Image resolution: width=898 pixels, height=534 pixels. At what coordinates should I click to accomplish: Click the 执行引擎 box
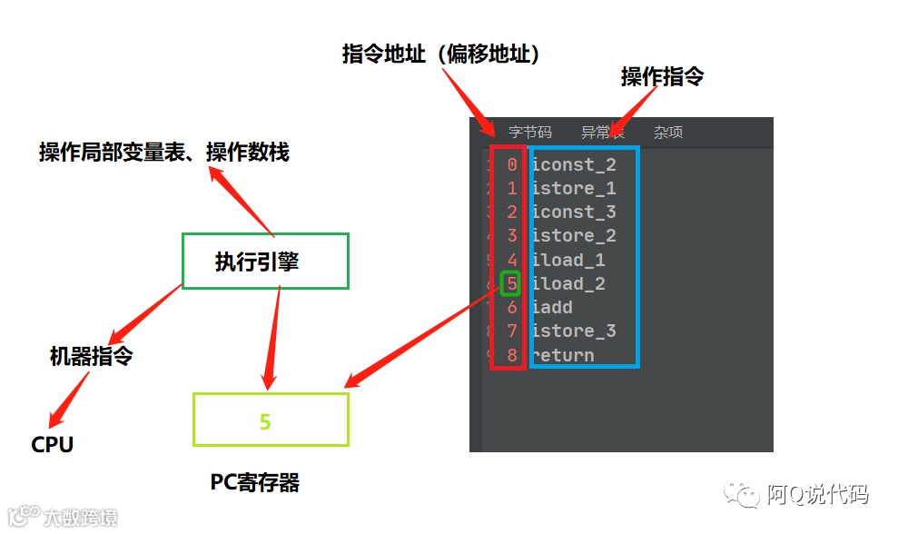265,262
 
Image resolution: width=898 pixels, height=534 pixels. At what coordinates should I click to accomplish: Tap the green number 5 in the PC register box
265,421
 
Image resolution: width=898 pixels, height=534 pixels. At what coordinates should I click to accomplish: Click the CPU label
53,445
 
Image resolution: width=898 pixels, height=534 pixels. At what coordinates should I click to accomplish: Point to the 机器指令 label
91,356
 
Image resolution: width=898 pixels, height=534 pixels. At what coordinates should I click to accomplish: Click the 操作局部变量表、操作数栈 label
163,153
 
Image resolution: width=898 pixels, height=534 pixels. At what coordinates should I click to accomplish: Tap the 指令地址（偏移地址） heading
441,54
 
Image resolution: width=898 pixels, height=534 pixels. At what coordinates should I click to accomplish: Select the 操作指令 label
662,77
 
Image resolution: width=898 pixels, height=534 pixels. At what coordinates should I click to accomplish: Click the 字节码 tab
529,133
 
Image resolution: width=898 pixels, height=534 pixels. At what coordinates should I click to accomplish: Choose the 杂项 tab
668,133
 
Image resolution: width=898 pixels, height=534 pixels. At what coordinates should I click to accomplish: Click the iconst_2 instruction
574,164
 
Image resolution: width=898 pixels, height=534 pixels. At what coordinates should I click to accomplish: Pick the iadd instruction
552,308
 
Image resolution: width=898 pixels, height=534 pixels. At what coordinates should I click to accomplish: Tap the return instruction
563,355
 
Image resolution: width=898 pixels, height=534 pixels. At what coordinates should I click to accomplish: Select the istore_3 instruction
574,331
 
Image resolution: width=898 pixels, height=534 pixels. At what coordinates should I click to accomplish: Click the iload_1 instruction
568,261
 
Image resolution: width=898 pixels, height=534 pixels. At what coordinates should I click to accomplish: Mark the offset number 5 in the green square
511,284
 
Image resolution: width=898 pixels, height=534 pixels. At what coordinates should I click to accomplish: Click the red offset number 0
512,164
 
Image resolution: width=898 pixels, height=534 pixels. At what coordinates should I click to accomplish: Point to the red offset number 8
512,355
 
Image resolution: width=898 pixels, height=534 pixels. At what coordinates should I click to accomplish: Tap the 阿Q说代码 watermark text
816,495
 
